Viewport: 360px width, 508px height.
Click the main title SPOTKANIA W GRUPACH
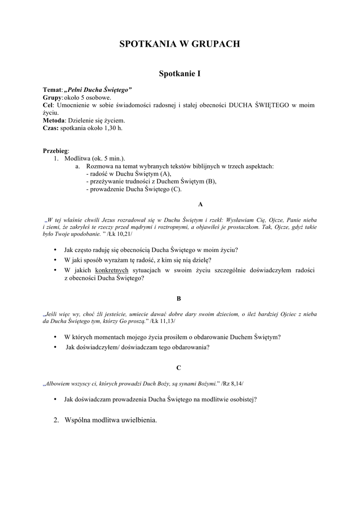(x=180, y=44)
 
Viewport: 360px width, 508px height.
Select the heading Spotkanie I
(x=180, y=74)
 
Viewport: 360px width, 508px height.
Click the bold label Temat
(x=52, y=90)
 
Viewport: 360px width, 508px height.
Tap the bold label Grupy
(x=52, y=98)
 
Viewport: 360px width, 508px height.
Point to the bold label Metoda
(x=54, y=121)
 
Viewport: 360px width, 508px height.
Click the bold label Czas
(x=51, y=128)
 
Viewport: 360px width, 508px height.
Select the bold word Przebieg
(x=56, y=150)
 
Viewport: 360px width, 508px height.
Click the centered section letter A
(x=200, y=204)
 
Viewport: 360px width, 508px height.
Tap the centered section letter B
(x=179, y=298)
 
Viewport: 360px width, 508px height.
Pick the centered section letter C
(x=179, y=368)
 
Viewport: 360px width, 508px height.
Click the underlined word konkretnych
(x=112, y=270)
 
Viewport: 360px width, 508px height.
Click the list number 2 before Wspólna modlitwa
(x=56, y=420)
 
